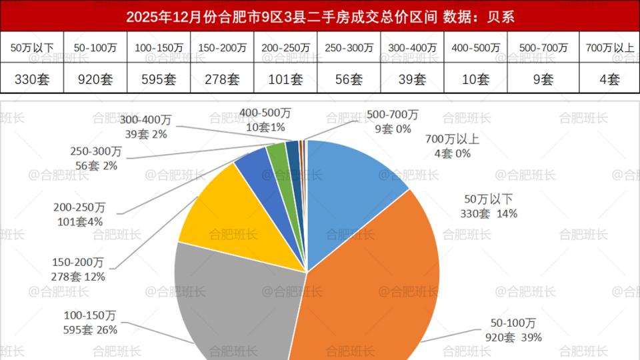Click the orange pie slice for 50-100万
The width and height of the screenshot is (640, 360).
[x=373, y=287]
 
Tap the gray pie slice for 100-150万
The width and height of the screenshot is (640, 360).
[x=233, y=300]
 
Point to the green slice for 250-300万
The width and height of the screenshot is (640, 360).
[x=276, y=155]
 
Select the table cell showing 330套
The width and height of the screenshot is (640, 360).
[x=32, y=79]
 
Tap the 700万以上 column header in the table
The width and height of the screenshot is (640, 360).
[x=609, y=48]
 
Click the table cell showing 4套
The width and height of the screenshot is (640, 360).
[x=609, y=79]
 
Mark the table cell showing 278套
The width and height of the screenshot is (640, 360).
[x=222, y=79]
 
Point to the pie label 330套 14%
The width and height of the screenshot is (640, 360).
[x=489, y=213]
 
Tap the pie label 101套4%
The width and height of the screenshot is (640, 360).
[x=79, y=221]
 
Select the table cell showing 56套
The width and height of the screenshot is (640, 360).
[x=349, y=79]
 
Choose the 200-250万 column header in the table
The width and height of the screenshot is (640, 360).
[x=285, y=48]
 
